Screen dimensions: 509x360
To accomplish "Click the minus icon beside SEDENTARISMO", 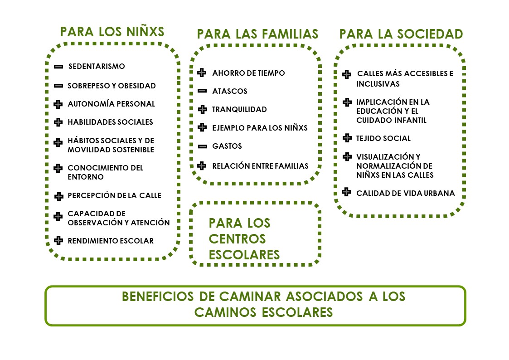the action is click(x=58, y=67).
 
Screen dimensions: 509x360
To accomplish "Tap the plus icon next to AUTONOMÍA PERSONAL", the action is click(x=58, y=104).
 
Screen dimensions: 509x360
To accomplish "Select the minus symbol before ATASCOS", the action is click(x=202, y=91).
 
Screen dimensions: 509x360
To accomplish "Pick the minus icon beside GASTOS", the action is click(x=203, y=146).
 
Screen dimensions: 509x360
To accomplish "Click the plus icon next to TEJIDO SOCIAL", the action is click(x=347, y=138).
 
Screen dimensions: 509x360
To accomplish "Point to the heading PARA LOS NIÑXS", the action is click(x=112, y=32).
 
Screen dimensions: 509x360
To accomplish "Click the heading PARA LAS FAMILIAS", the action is click(x=258, y=34).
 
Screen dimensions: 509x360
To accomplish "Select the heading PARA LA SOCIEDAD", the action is click(x=401, y=34).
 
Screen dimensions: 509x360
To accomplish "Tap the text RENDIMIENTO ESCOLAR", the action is click(x=111, y=241).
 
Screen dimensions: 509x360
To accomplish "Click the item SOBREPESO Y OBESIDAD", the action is click(x=111, y=86).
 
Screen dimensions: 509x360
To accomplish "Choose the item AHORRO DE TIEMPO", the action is click(x=249, y=73).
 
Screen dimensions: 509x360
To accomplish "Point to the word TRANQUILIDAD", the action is click(x=240, y=109).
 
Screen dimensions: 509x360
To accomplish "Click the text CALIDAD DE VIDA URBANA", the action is click(x=406, y=193).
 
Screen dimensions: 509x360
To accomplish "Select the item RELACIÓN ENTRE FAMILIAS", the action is click(x=260, y=166).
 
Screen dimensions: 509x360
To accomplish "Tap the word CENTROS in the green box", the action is click(x=238, y=239).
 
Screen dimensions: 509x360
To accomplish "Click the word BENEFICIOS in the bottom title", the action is click(x=158, y=297).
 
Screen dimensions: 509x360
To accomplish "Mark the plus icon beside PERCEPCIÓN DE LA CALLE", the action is click(x=59, y=196).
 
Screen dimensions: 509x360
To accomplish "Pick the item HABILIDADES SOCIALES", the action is click(x=111, y=122).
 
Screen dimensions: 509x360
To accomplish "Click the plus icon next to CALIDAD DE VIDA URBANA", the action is click(x=346, y=192).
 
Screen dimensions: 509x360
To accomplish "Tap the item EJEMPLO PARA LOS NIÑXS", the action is click(x=260, y=128).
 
